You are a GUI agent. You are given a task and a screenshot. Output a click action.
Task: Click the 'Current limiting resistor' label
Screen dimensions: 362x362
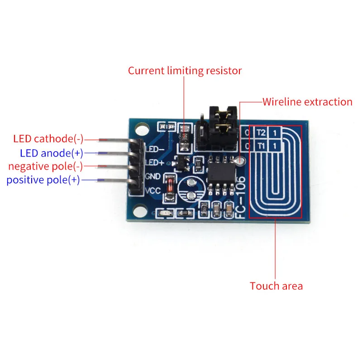[185, 71]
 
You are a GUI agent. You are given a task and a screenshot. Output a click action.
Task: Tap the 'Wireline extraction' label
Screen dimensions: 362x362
[307, 102]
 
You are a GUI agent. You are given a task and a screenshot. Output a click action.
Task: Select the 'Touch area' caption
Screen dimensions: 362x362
[276, 286]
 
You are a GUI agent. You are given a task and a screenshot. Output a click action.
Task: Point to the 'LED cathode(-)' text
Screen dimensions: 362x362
[48, 138]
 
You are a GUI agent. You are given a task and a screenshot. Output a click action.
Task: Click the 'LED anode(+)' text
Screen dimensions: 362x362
[51, 152]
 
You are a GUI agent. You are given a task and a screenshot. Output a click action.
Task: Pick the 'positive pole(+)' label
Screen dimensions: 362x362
[43, 180]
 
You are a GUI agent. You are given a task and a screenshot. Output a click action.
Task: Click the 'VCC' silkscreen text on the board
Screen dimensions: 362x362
[152, 191]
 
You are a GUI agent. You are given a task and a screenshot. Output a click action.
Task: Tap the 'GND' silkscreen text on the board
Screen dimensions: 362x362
[152, 176]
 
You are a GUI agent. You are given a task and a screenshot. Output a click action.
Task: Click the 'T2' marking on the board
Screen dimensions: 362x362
[260, 133]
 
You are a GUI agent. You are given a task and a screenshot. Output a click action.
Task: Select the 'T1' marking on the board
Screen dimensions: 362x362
[260, 146]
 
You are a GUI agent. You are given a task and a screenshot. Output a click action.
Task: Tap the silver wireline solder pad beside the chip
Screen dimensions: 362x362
[241, 160]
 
